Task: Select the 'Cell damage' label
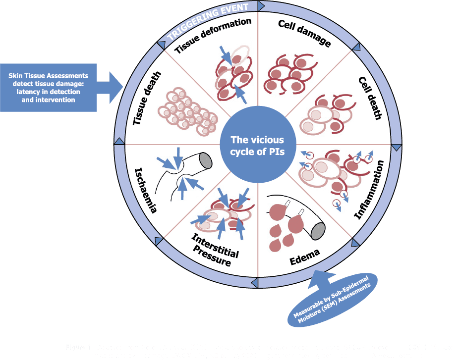point(304,34)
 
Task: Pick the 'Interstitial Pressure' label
point(214,251)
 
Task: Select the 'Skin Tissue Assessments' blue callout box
point(49,88)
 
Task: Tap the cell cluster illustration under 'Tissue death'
point(187,111)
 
